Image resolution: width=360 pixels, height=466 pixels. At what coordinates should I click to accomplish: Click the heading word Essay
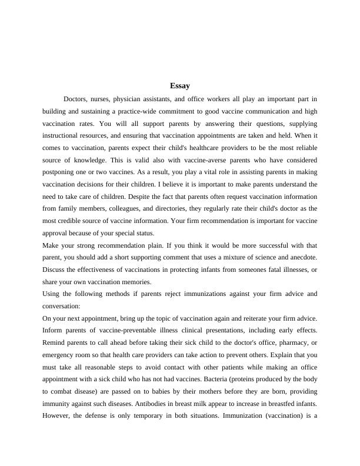tap(179, 86)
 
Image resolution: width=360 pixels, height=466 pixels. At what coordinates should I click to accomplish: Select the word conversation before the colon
tap(62, 306)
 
